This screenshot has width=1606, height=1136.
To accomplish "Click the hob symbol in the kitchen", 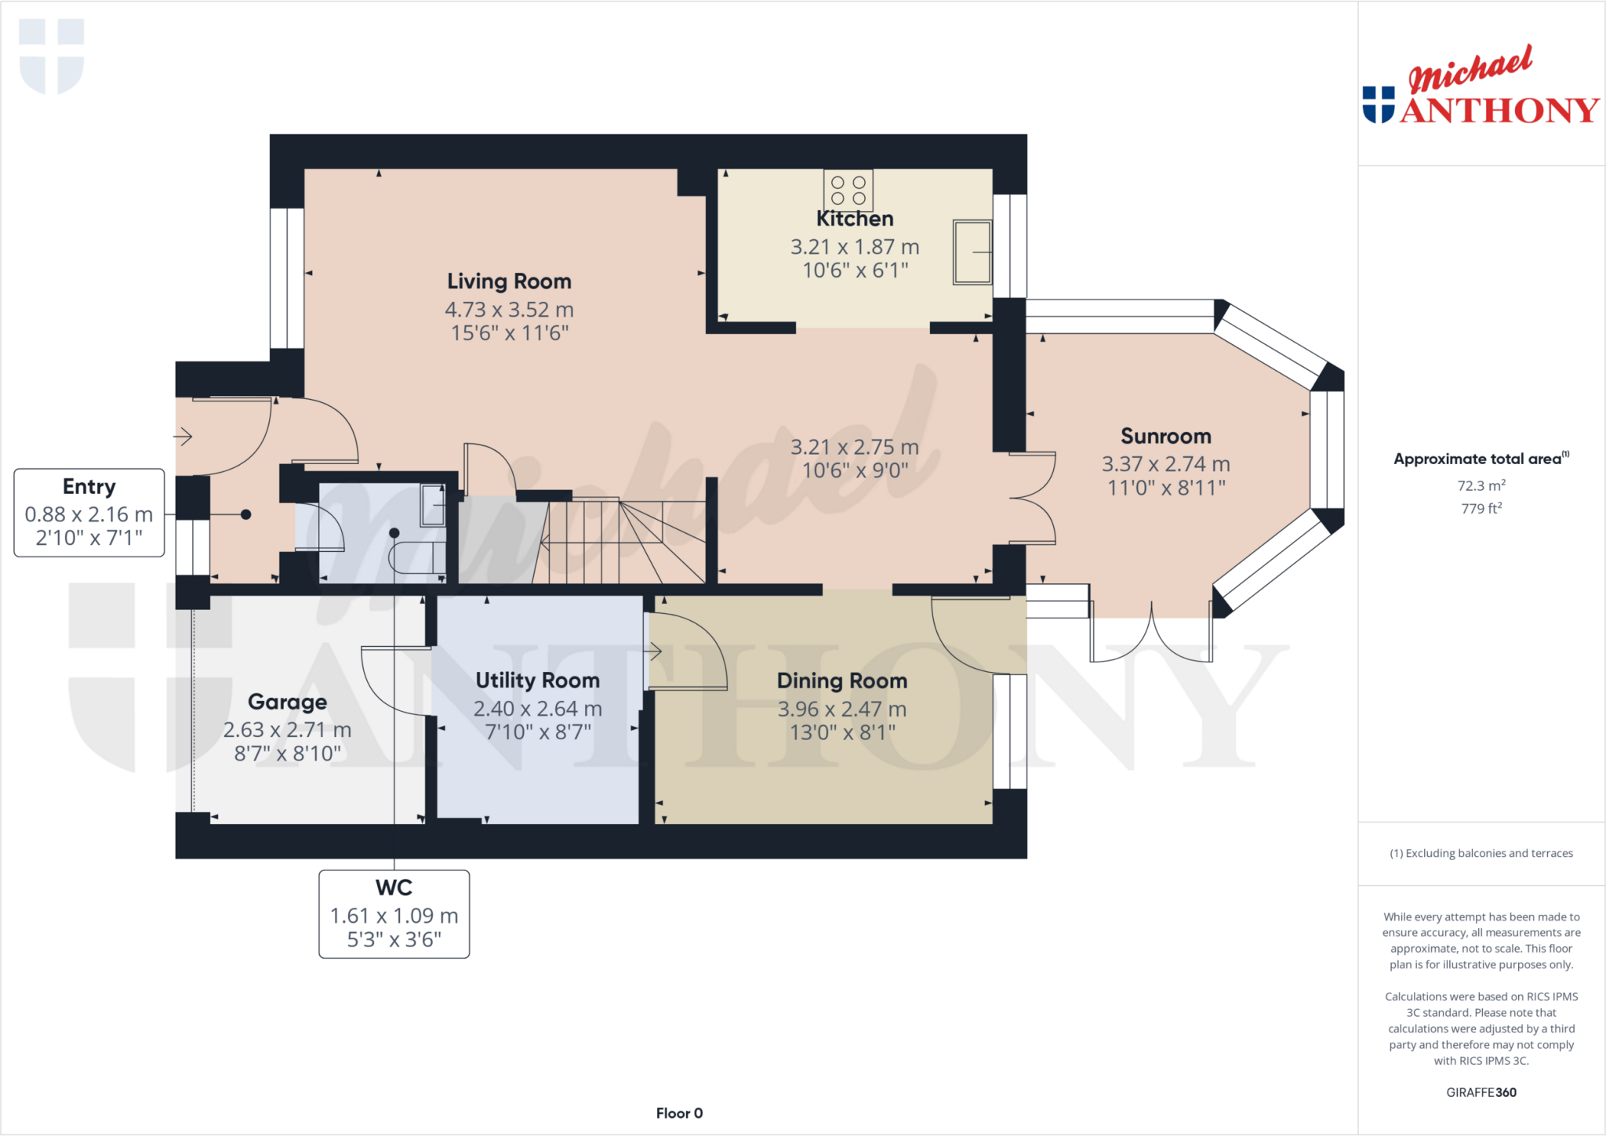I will pos(848,190).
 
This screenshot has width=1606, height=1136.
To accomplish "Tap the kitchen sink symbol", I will pos(972,252).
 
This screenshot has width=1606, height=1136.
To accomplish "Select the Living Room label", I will pos(509,281).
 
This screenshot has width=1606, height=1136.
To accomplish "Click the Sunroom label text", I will pos(1165,436).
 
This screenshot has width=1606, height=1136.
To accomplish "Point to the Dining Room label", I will pos(841,681).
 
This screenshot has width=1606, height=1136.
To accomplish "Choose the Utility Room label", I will pos(537,681).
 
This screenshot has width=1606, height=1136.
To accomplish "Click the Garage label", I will pos(287,702).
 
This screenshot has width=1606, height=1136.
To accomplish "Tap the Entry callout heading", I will pos(89,487).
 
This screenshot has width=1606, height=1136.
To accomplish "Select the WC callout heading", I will pos(394,887).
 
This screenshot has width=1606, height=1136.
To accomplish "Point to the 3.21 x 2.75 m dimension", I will pos(854,447).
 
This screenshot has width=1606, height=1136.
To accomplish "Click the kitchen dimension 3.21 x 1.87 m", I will pos(854,247).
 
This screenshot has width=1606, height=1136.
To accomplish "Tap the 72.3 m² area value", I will pos(1481,485).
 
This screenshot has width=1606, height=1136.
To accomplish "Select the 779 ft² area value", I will pos(1481,508).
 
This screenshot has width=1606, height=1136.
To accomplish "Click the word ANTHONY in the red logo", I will pos(1499,111).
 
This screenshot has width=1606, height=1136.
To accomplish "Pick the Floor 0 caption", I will pos(679,1113).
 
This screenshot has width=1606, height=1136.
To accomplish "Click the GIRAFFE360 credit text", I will pos(1481,1092).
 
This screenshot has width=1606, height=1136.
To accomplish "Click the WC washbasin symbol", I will pos(432,506).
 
